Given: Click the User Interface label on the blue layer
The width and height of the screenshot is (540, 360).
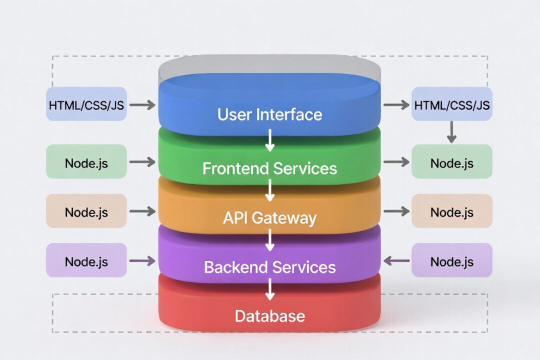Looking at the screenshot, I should tap(269, 114).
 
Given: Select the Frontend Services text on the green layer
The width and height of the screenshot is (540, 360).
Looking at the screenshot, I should tap(269, 168).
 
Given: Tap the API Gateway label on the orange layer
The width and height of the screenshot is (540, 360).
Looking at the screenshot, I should tap(269, 218).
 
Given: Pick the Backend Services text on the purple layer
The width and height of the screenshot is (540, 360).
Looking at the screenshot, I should tap(269, 266).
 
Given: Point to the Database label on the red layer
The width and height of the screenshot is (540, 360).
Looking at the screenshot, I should tap(269, 315).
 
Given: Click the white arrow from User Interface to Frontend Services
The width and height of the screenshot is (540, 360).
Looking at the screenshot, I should tap(270, 141).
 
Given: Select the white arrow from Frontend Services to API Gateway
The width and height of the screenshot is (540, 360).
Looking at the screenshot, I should tap(270, 190).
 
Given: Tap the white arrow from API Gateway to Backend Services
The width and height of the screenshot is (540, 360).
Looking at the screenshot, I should tap(270, 240).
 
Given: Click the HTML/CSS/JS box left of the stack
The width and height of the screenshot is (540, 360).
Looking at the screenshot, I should tap(86, 104).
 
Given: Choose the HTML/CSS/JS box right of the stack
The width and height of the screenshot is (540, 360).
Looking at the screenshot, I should tap(451, 104).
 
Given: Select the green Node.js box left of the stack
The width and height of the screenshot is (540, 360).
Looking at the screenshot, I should tap(86, 162).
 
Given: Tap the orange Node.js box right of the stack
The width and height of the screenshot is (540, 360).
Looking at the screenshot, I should tap(451, 211).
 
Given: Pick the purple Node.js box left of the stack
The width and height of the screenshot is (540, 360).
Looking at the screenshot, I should tap(86, 260).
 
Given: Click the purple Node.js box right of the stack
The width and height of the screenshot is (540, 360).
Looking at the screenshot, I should tap(451, 260).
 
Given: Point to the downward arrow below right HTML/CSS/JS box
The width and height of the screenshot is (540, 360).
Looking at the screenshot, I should tap(451, 132).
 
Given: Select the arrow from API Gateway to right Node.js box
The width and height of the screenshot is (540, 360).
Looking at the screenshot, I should tap(395, 211).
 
